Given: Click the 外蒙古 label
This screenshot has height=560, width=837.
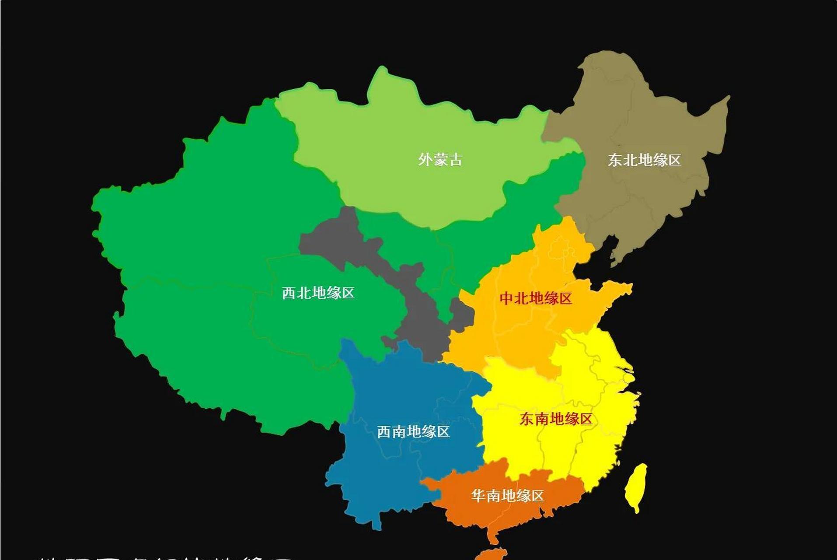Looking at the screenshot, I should click(x=440, y=159).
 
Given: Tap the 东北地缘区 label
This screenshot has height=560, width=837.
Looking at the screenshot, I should click(x=644, y=160).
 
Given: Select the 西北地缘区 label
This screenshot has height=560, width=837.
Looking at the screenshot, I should click(x=318, y=293).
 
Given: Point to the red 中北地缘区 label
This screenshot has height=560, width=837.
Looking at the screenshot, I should click(x=536, y=298).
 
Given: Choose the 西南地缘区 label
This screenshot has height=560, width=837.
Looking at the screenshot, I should click(x=413, y=432).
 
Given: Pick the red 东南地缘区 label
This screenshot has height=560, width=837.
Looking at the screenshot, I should click(x=556, y=419).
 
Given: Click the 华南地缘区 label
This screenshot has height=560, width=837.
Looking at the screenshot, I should click(x=507, y=496).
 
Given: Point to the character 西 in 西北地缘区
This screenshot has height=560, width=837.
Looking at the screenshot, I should click(x=289, y=293).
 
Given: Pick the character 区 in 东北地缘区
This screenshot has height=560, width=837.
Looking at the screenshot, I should click(x=674, y=160).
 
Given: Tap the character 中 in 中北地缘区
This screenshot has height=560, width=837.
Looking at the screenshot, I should click(x=506, y=298).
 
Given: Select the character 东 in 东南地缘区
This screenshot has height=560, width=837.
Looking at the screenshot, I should click(x=527, y=419).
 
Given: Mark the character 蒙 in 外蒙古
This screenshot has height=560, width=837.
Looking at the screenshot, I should click(x=440, y=159).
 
